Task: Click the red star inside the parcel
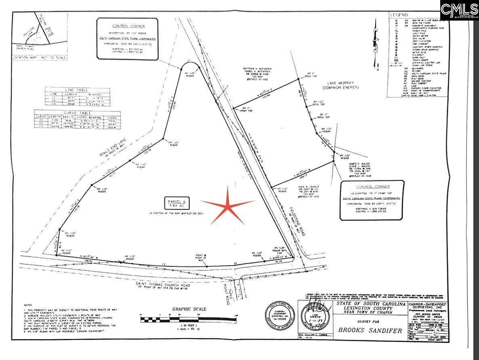coord(228,205)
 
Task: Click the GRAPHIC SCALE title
coord(189,309)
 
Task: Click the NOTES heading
coord(28,305)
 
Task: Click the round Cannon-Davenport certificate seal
coord(280,317)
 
